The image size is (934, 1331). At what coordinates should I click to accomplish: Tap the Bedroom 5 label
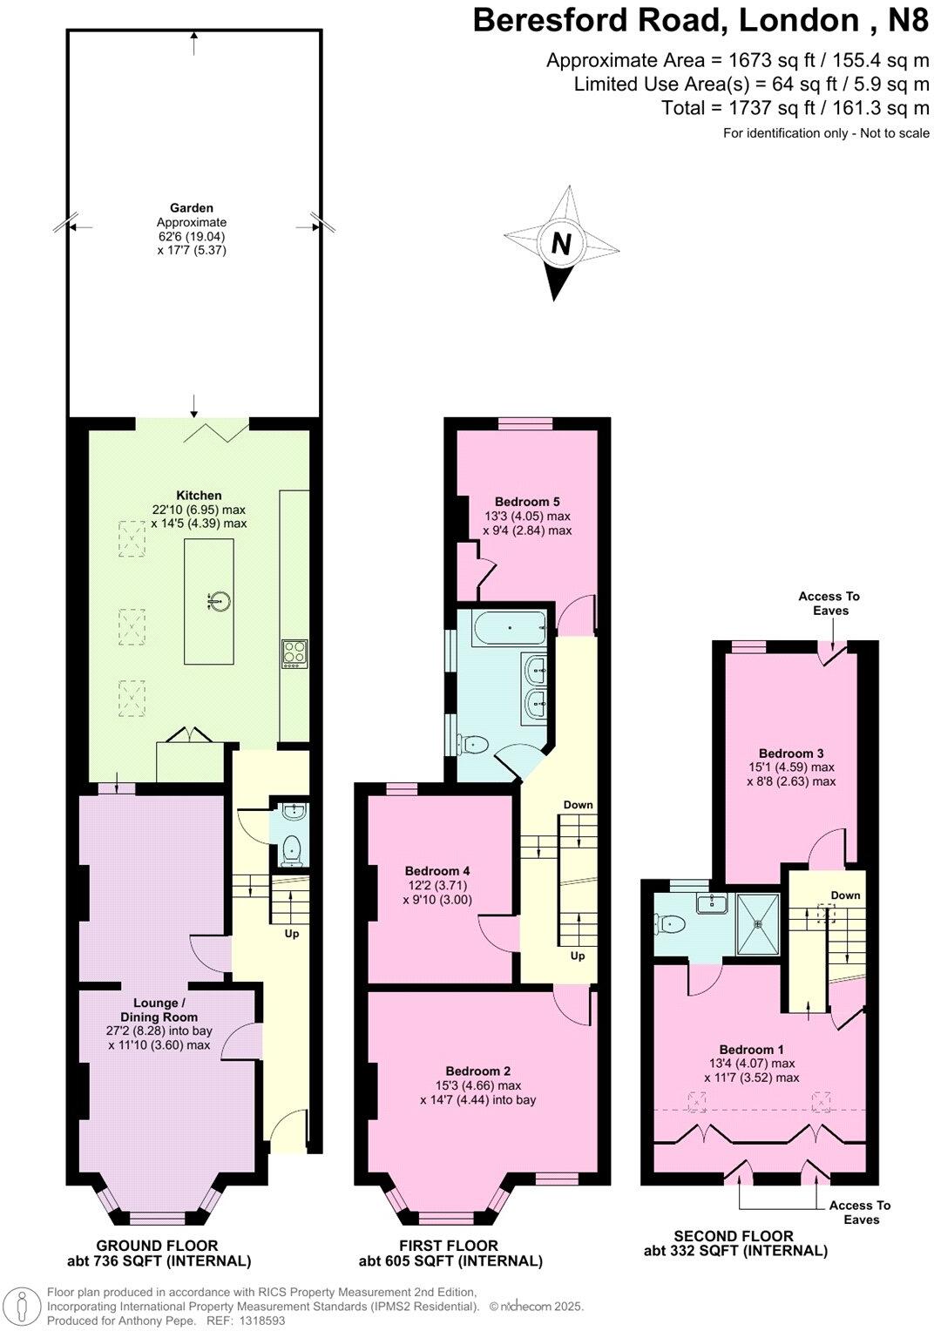coord(527,501)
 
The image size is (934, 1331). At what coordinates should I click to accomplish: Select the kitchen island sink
coord(220,600)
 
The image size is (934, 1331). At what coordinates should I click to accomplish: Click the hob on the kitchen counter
coord(294,653)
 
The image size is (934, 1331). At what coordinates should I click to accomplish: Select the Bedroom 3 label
coord(790,753)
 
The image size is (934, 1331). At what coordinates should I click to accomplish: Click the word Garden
coord(192,208)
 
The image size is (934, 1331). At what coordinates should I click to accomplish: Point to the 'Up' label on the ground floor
coord(292,934)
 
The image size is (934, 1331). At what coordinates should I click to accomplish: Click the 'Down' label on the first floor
coord(578,804)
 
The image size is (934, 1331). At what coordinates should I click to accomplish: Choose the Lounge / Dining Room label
coord(159,1010)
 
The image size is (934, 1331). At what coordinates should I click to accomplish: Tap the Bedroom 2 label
coord(477,1071)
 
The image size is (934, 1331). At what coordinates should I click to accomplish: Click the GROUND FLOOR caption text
coord(158,1246)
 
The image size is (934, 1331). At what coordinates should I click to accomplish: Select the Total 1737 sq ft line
coord(795,108)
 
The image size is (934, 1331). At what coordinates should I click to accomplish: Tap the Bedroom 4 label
coord(437,870)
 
